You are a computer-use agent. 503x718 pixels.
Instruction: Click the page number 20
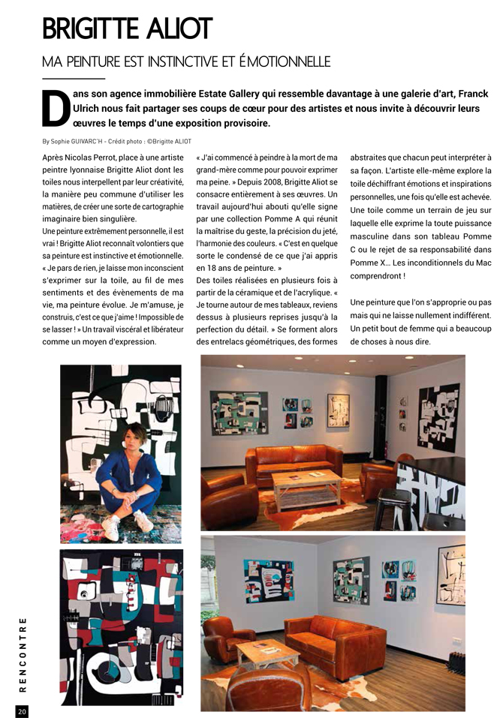click(22, 710)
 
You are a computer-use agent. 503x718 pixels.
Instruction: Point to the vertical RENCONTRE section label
click(23, 653)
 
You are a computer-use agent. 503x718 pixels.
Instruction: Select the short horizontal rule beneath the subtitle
click(74, 78)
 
